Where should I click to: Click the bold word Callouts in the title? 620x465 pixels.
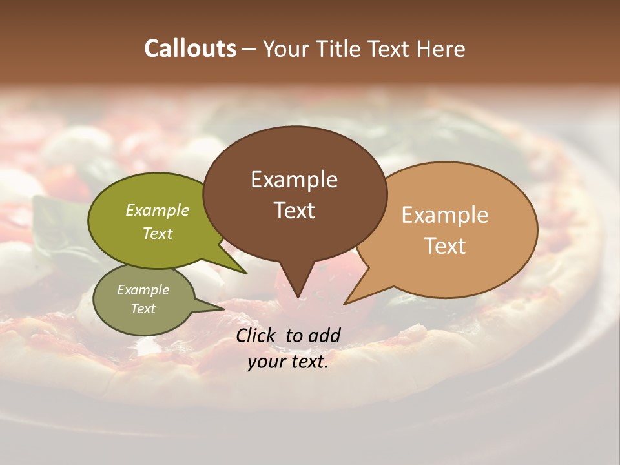[190, 48]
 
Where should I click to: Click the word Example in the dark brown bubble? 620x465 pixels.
[294, 180]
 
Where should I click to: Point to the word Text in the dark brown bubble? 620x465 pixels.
[294, 210]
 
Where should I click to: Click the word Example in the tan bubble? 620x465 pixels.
[444, 215]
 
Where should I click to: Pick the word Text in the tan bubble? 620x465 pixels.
[444, 245]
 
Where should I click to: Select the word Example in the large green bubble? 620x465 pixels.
[157, 211]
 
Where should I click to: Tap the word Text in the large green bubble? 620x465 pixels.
[157, 233]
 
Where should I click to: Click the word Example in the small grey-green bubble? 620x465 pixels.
[143, 290]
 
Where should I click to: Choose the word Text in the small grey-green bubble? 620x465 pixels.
[143, 309]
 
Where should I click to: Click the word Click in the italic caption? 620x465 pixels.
[256, 335]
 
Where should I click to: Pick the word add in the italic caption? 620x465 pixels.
[324, 335]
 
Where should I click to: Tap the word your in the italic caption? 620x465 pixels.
[265, 362]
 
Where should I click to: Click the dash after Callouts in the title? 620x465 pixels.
[249, 48]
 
